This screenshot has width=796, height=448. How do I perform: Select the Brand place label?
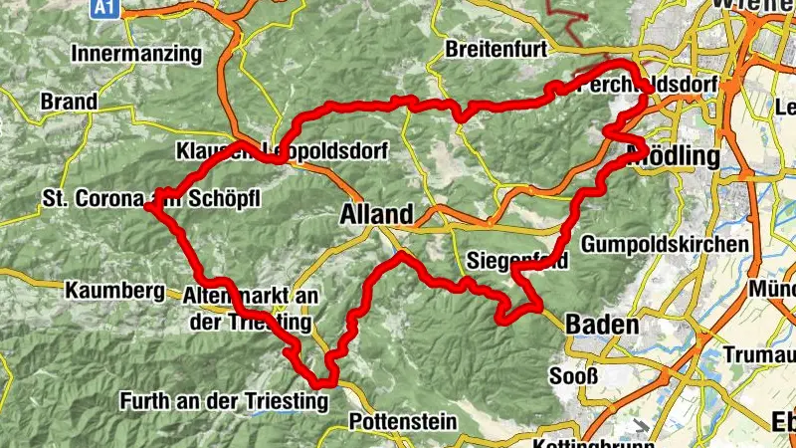pyautogui.click(x=69, y=102)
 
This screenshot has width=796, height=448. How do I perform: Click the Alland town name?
pyautogui.click(x=375, y=214)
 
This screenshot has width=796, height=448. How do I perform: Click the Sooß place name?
pyautogui.click(x=574, y=376)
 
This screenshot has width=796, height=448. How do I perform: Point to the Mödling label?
pyautogui.click(x=674, y=156)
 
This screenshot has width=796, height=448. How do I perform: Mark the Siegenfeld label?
pyautogui.click(x=516, y=263)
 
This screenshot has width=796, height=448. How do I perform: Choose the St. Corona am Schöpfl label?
pyautogui.click(x=150, y=198)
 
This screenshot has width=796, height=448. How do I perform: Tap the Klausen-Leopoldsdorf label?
pyautogui.click(x=280, y=151)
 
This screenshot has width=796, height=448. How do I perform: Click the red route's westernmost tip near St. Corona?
pyautogui.click(x=147, y=207)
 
